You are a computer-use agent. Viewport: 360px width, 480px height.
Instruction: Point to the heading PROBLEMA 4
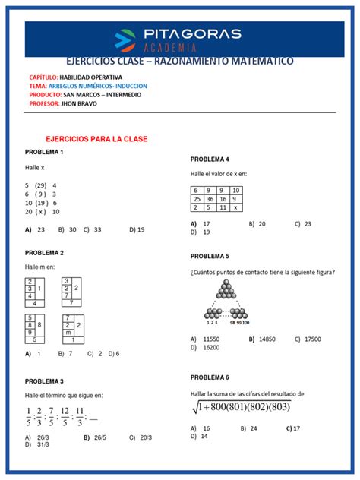coord(210,159)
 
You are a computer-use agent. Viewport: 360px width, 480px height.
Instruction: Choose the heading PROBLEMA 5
coord(210,257)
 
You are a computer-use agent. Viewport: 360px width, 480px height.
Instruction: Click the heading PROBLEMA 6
coord(210,377)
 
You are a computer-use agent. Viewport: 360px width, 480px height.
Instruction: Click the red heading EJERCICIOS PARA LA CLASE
coord(96,139)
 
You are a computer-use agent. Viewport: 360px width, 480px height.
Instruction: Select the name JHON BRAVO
coord(90,105)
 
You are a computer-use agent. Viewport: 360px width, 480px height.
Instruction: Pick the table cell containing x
coord(236,207)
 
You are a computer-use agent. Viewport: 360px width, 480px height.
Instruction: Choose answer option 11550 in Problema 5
coord(209,339)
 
